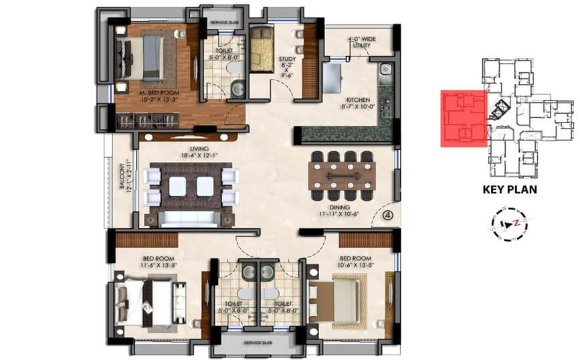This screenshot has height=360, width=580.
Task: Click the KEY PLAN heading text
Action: click(510, 189)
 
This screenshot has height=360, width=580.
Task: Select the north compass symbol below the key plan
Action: click(509, 222)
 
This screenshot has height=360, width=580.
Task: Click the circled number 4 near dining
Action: click(387, 216)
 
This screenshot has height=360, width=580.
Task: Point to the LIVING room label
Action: click(199, 149)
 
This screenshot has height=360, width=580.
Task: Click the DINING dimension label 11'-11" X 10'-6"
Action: click(339, 215)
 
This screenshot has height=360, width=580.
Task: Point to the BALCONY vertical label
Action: click(122, 177)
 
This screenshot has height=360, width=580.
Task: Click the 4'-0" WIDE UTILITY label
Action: click(361, 42)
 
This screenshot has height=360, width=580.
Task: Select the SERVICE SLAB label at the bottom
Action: click(255, 344)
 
